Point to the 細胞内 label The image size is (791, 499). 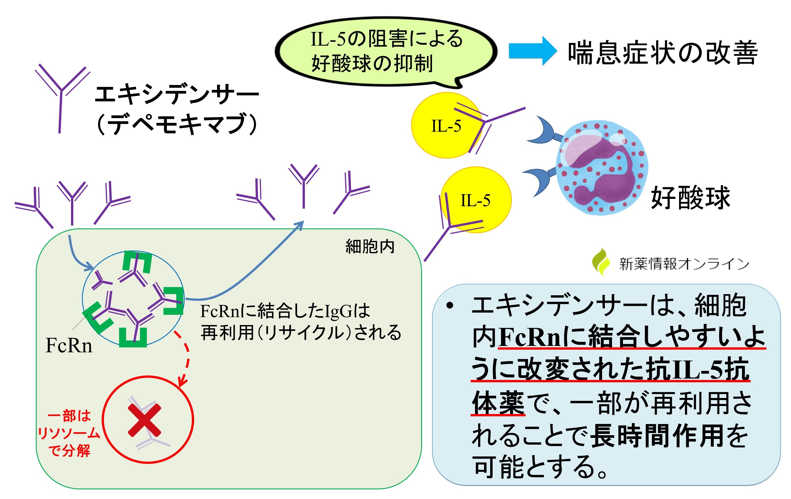tap(370, 246)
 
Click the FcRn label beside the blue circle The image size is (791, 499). tap(69, 345)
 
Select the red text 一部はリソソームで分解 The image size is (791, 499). tap(69, 433)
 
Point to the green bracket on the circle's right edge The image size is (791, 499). tap(174, 300)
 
